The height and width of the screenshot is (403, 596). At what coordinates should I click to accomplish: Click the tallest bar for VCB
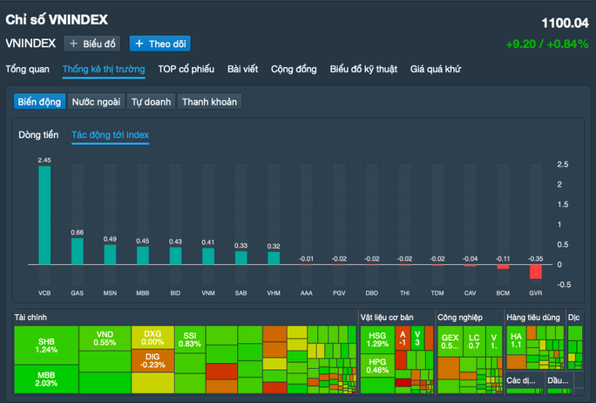point(44,215)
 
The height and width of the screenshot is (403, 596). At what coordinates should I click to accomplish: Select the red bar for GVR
point(535,271)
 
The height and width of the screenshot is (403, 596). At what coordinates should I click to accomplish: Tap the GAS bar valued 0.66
point(78,251)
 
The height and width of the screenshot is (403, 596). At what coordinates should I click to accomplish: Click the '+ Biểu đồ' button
point(91,43)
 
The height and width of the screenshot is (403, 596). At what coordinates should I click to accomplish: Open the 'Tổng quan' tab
point(27,69)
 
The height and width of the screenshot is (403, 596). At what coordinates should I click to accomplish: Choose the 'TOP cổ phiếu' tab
point(186,69)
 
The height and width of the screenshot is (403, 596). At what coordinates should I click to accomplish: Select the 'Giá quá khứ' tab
point(436,69)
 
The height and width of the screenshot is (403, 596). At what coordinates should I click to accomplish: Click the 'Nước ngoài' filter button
point(96,102)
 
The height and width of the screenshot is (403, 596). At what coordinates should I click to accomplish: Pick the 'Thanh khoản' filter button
point(208,102)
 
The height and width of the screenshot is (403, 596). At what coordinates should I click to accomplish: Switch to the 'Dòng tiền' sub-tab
point(38,135)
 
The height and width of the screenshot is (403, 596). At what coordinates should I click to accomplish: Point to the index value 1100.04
point(565,24)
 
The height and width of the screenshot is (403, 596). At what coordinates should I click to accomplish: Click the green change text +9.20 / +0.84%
point(546,44)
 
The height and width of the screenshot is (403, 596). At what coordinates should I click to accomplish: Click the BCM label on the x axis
point(502,292)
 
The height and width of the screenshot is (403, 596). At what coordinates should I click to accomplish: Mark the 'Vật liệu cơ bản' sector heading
point(396,318)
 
